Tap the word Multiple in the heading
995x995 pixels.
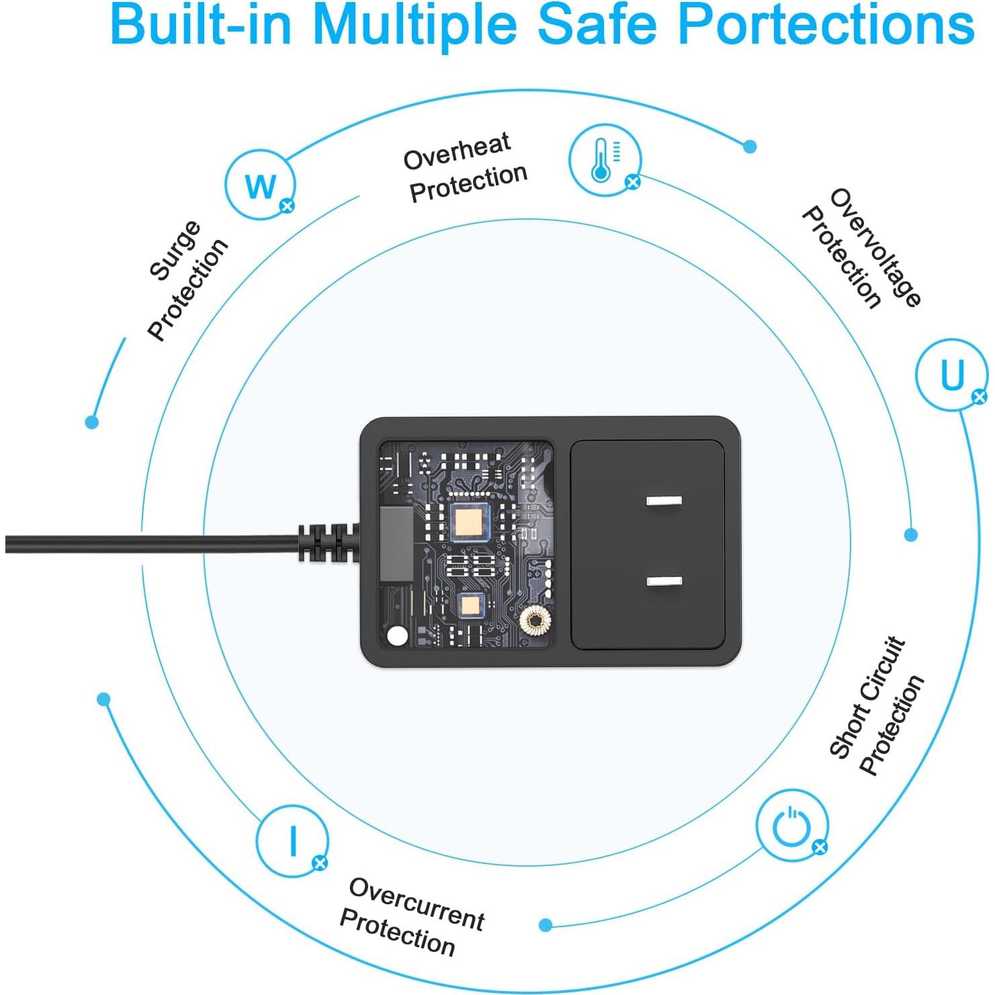coord(415,26)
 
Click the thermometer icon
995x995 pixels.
coord(603,160)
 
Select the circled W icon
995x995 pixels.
coord(260,185)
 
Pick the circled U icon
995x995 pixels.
coord(951,375)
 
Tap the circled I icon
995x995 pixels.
coord(292,840)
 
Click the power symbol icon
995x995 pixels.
coord(791,825)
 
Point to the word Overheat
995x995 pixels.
coord(457,151)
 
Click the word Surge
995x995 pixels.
coord(174,250)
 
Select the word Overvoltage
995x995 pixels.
coord(876,247)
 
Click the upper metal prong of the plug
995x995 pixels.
coord(663,501)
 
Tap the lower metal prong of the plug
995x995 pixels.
coord(663,581)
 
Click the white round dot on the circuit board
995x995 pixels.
coord(398,635)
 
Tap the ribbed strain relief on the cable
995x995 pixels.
coord(326,542)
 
